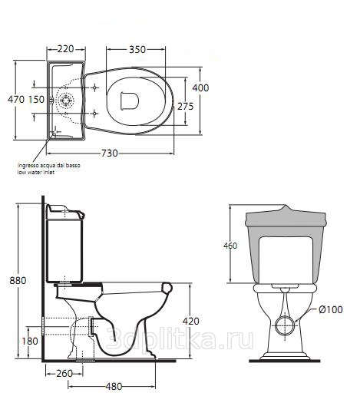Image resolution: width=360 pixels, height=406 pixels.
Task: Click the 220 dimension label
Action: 65,48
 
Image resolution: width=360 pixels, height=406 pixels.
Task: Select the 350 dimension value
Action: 137,49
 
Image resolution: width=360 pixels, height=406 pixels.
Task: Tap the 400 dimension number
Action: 200,88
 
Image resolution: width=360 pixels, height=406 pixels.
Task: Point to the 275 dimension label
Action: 186,106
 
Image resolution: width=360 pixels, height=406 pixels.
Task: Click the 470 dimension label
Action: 16,99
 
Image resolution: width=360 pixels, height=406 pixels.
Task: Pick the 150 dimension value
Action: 36,100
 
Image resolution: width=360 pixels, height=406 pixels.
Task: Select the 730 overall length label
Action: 110,153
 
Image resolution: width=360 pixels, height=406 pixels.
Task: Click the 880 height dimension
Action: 18,280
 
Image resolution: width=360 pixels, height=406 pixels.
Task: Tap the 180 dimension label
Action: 30,341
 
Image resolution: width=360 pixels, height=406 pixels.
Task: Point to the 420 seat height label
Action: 191,321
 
